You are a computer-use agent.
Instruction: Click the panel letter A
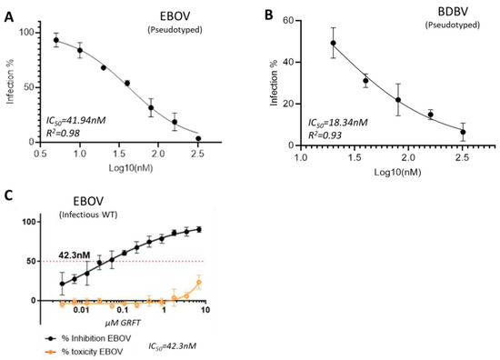click(x=8, y=9)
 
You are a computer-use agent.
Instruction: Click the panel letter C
click(x=7, y=195)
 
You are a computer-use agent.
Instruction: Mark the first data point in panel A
click(x=56, y=40)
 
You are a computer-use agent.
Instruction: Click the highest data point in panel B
click(x=333, y=43)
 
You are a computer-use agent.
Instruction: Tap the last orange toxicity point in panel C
click(x=198, y=283)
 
